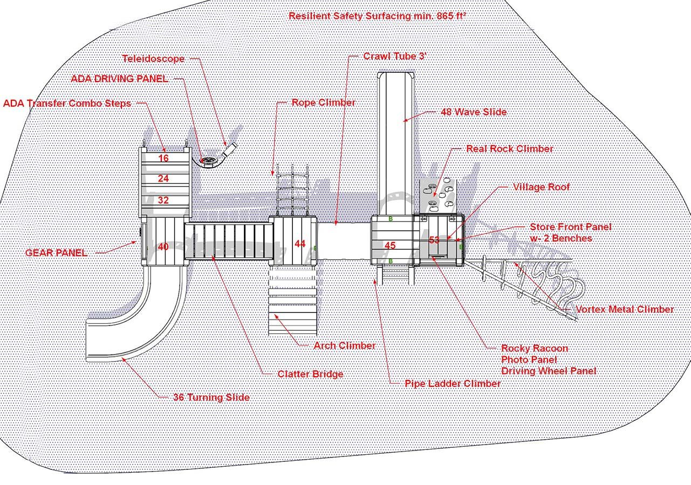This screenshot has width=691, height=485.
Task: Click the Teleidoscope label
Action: coord(153,59)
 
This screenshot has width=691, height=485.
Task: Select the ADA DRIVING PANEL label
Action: coord(119,79)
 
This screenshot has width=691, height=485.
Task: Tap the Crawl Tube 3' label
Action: coord(395,56)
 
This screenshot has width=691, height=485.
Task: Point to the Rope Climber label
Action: coord(323,102)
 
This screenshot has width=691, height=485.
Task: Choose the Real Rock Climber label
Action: coord(509,149)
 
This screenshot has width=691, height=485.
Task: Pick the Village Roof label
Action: coord(541,187)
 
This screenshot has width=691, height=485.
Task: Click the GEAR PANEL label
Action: coord(56,253)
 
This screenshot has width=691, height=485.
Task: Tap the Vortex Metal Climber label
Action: coord(625,309)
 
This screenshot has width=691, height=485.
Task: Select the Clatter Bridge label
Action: coord(310,374)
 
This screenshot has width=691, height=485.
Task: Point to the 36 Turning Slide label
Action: coord(211,398)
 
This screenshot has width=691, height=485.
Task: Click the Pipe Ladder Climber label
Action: coord(452,384)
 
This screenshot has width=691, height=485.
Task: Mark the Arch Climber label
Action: coord(344,345)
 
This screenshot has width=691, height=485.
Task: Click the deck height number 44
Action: coord(300,244)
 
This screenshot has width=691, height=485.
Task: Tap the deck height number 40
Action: coord(163,247)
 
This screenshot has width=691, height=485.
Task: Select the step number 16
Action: coord(163,158)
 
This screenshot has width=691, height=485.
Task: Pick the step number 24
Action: coord(163,178)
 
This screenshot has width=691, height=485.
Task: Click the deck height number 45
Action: coord(390,246)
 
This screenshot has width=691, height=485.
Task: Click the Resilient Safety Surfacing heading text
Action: coord(377,16)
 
